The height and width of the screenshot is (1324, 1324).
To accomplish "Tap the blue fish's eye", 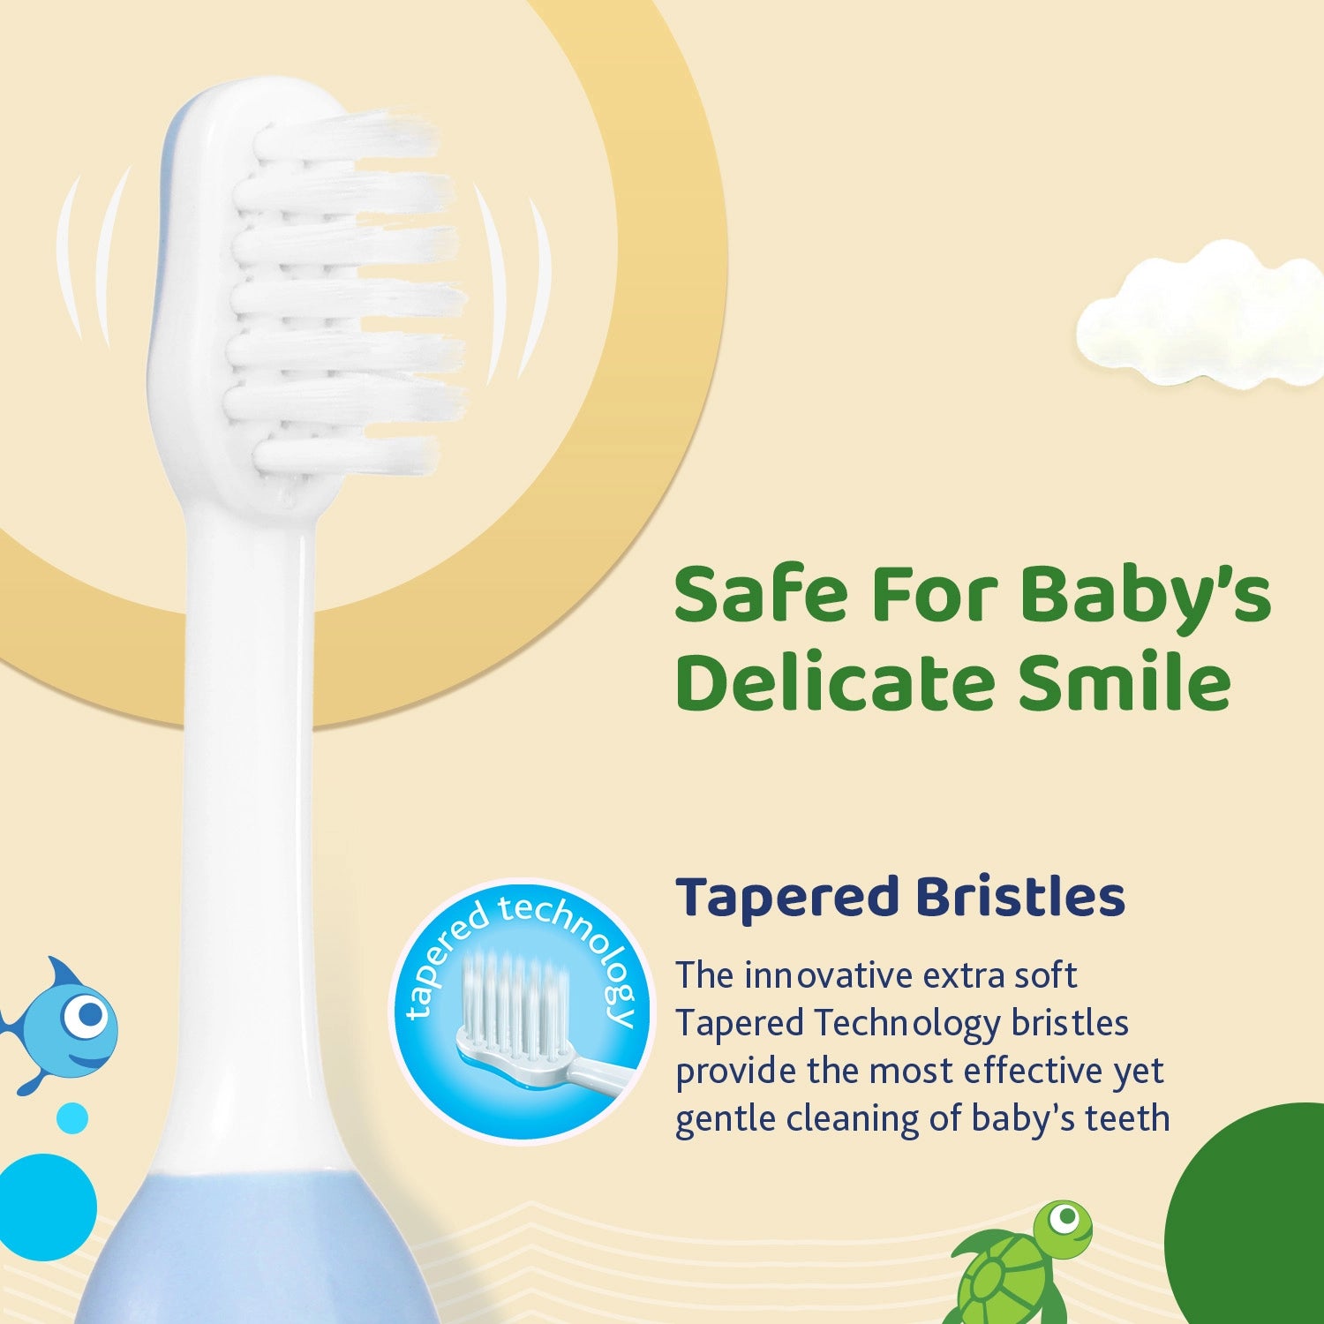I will click(x=87, y=1015).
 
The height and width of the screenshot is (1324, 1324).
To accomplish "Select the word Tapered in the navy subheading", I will click(x=786, y=899).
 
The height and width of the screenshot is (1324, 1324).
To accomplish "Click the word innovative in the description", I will click(x=828, y=976).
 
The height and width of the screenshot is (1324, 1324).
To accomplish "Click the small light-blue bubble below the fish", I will click(x=72, y=1118).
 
